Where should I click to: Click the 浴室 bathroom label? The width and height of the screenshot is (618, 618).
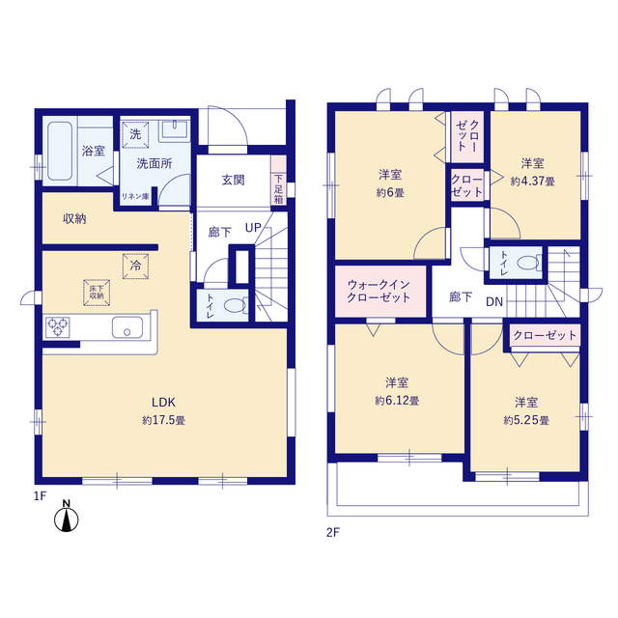pos(94,151)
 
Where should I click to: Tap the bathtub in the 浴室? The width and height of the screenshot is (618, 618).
pos(59,151)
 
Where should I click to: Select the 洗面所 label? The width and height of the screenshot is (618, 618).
pos(154,163)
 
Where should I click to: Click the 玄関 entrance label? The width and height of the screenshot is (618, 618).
pos(233,180)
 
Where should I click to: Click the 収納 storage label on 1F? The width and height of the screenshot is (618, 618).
pos(75,218)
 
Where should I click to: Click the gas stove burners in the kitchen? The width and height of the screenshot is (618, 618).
pos(60,327)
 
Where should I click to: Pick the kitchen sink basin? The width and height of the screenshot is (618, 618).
pos(126,328)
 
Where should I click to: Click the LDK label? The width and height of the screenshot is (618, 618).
pos(163,402)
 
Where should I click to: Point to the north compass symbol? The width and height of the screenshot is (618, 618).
pos(67,519)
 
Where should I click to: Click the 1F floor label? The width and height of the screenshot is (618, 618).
pos(39,495)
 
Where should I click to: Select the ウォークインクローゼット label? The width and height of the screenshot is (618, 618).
pos(379,291)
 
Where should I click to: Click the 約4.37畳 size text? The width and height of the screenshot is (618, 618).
pos(533,180)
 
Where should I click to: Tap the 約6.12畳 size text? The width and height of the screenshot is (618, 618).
pos(396,400)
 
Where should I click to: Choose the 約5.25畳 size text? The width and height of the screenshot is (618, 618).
pos(525,420)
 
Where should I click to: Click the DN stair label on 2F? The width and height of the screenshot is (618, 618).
pos(494,302)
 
